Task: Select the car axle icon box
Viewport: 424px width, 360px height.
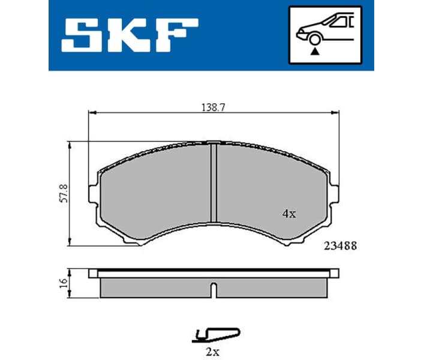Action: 325,35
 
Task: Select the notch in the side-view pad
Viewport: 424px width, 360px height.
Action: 213,289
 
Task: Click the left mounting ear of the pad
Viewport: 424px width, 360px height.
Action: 94,192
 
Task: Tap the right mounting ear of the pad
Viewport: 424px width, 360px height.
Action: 332,192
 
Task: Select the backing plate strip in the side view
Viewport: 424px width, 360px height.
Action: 212,273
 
